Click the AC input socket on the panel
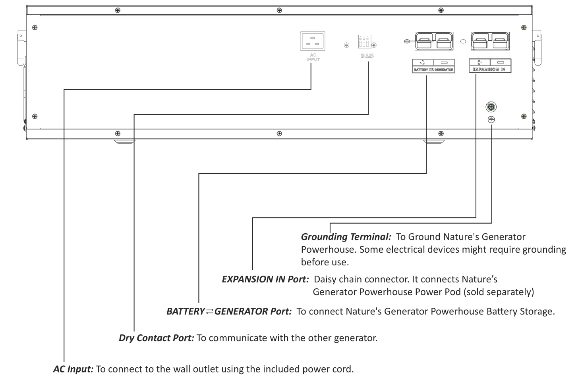[313, 41]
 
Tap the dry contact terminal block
[364, 42]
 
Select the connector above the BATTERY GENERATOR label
[435, 41]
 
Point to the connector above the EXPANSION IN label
[491, 41]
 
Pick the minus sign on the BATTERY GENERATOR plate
[444, 63]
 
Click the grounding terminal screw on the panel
[491, 106]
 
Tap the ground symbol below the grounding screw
[491, 119]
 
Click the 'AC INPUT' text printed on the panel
[313, 57]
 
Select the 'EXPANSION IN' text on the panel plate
[490, 69]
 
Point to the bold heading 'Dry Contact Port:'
[157, 338]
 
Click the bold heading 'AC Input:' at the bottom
[73, 369]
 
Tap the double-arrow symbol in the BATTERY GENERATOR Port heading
[210, 311]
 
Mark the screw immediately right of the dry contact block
[374, 45]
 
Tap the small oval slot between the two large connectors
[462, 41]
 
